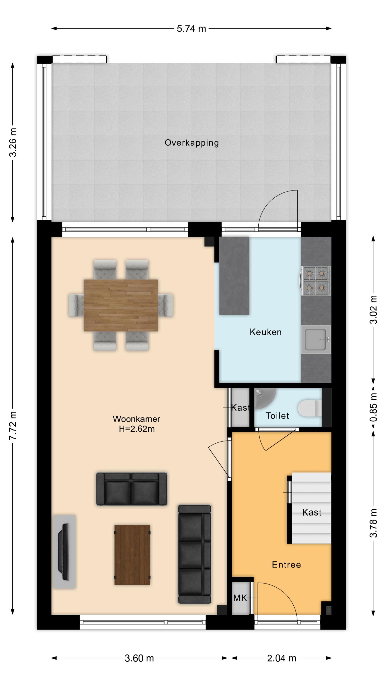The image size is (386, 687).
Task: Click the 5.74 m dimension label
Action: click(x=191, y=29)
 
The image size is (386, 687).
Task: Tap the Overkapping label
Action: click(x=192, y=143)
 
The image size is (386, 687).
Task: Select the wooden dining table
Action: click(x=121, y=305)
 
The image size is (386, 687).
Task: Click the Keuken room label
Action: click(x=265, y=332)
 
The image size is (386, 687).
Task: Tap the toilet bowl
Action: click(x=310, y=408)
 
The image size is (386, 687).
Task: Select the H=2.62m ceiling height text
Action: click(x=137, y=429)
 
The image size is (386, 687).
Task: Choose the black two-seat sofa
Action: click(x=131, y=489)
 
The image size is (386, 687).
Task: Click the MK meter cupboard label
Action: click(x=240, y=598)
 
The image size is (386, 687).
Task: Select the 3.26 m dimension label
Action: click(x=13, y=142)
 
